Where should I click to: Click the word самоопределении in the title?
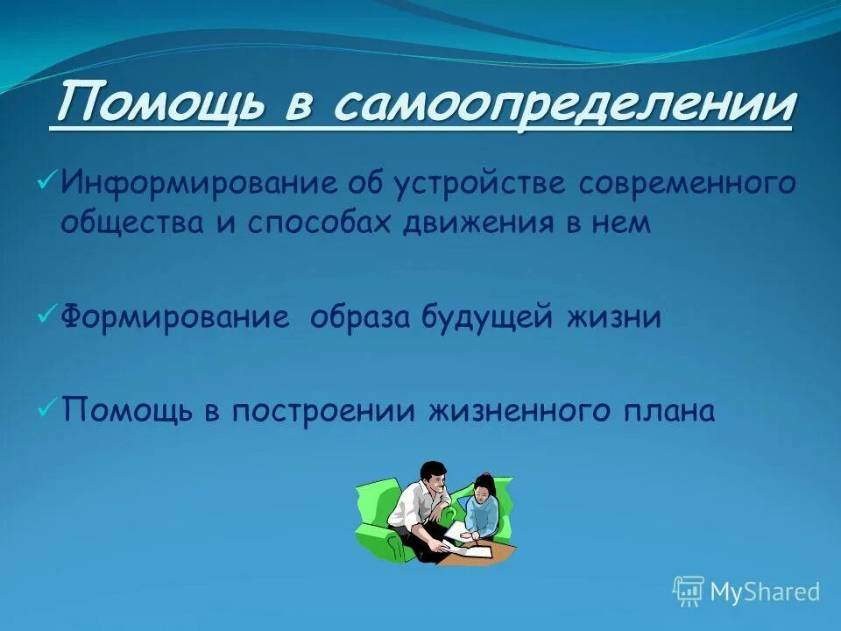(x=563, y=105)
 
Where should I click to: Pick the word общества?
(x=130, y=223)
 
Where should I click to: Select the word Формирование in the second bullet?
(x=175, y=317)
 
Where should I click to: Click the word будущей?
(x=495, y=317)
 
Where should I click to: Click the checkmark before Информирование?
(x=46, y=181)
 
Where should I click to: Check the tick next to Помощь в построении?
(x=46, y=408)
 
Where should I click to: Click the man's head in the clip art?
(x=430, y=479)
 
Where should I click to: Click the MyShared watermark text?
(x=764, y=592)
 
